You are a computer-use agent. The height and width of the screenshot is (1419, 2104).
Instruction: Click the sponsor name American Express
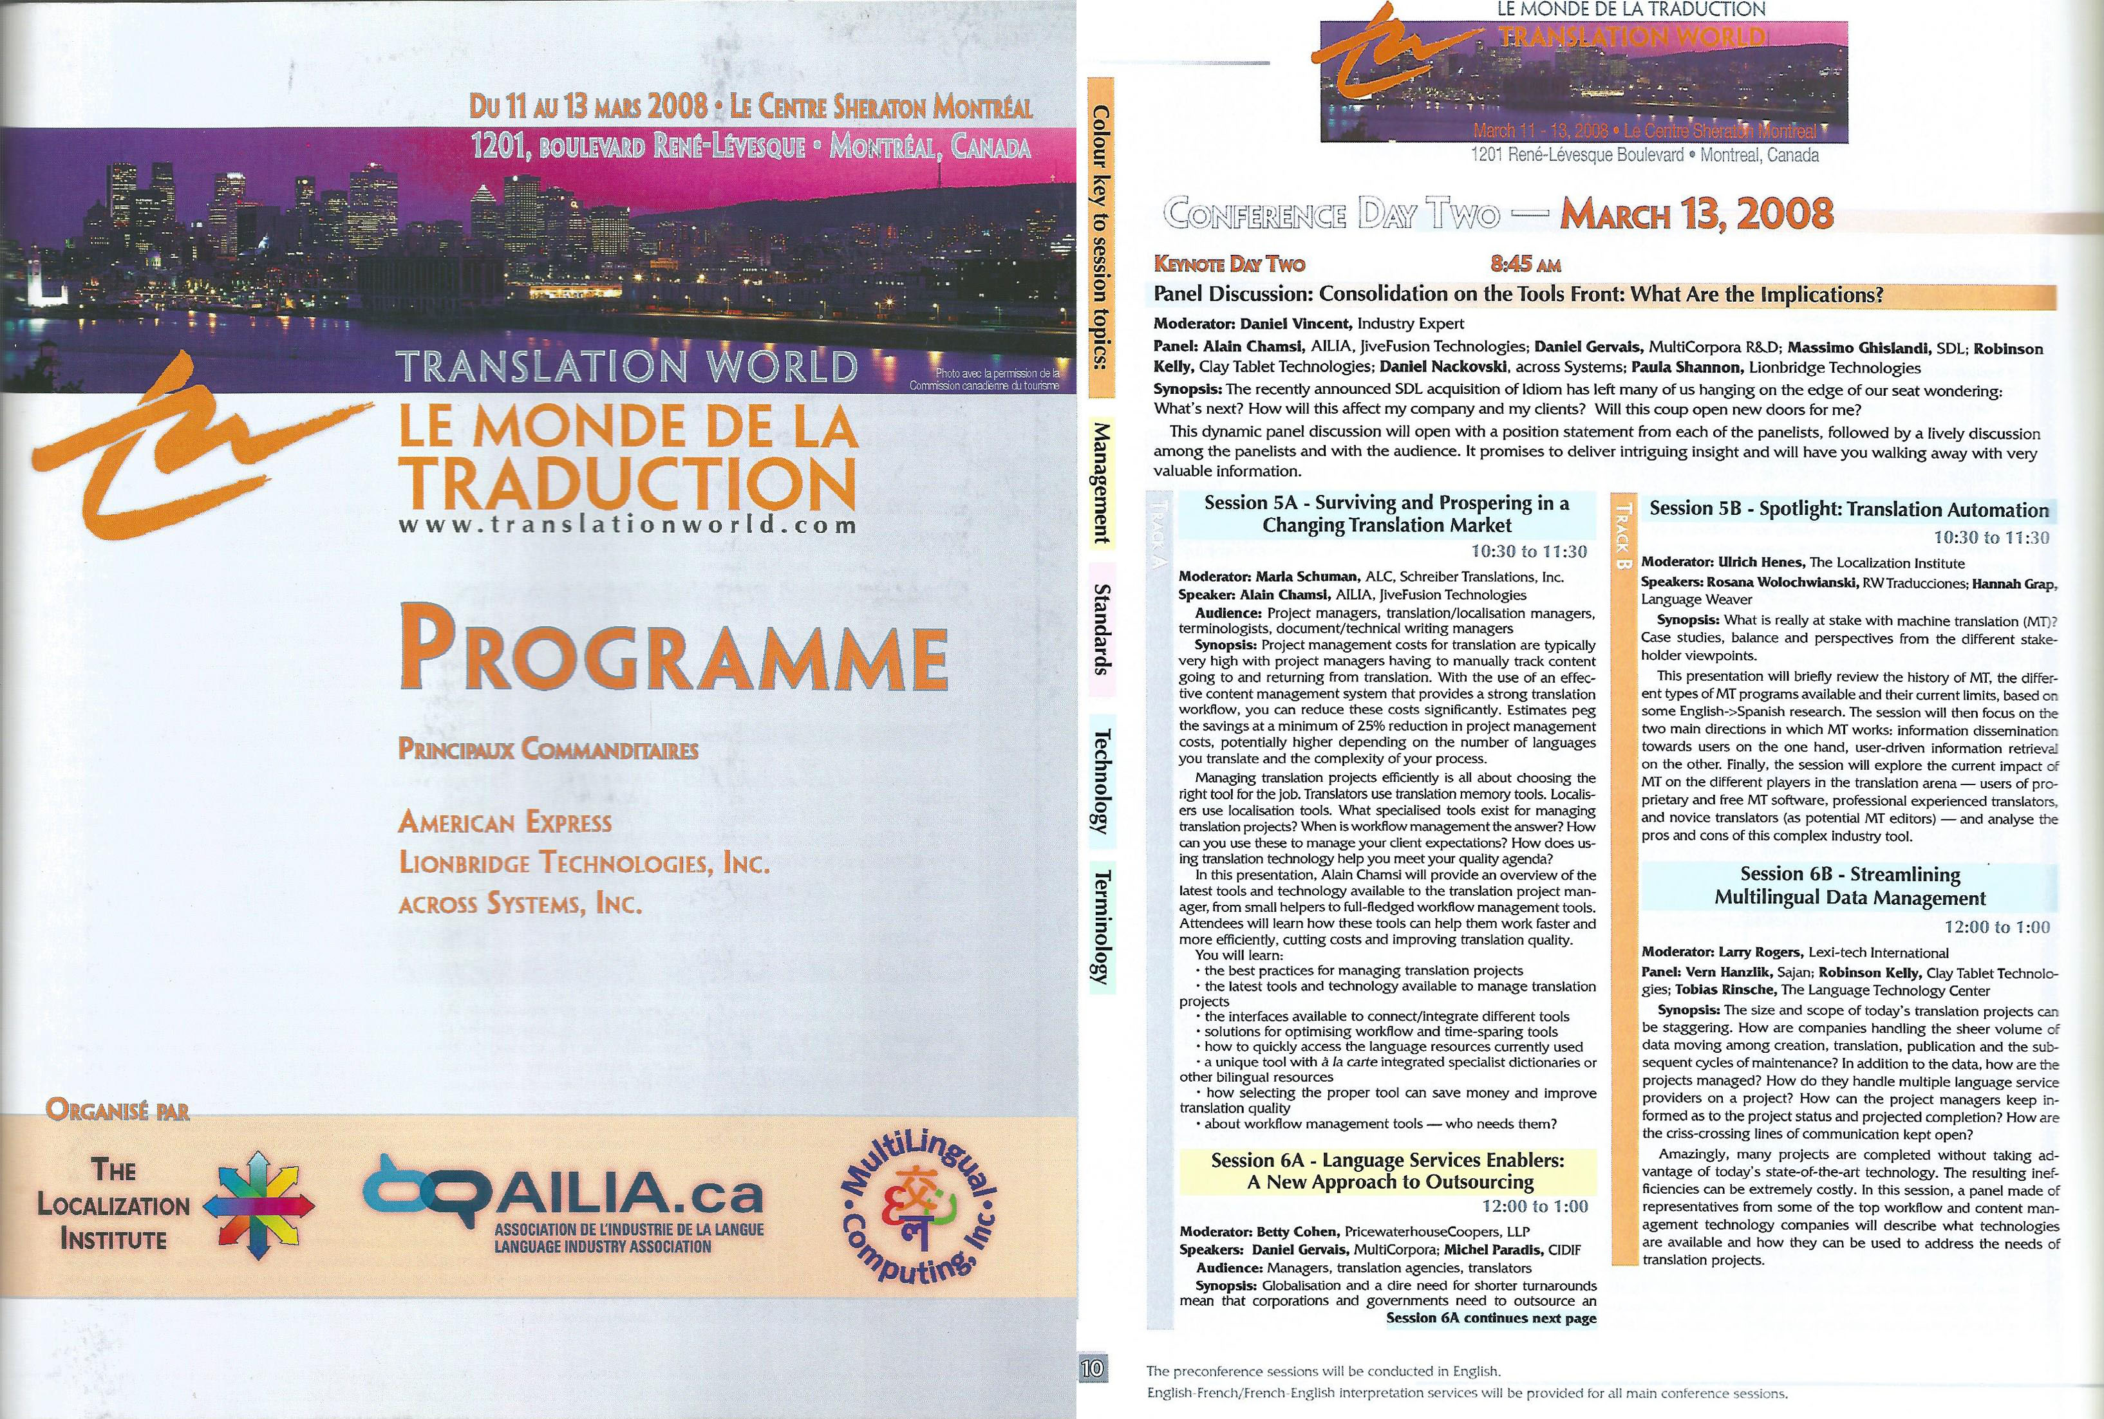(x=505, y=822)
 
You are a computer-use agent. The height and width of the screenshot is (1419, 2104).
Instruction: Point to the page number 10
(x=1093, y=1369)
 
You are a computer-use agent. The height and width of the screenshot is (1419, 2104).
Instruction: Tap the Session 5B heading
(x=1848, y=510)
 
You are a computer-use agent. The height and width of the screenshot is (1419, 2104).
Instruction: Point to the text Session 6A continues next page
(x=1490, y=1319)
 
